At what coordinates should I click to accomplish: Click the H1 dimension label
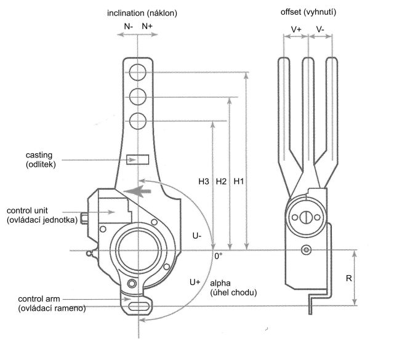point(240,182)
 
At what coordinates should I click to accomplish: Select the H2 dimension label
point(222,182)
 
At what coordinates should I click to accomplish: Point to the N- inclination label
point(129,26)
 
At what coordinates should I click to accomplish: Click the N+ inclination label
point(148,26)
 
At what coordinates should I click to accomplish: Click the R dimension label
point(348,278)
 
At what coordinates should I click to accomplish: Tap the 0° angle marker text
point(218,255)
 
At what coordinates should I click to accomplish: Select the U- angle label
point(196,236)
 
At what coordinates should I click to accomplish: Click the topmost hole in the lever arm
point(138,73)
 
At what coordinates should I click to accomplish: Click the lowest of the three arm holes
point(138,119)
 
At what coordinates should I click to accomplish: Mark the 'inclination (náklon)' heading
point(140,12)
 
